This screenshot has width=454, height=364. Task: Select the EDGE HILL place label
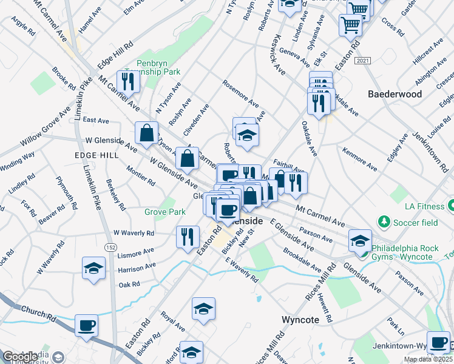click(97, 155)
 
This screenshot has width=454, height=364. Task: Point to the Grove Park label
click(164, 212)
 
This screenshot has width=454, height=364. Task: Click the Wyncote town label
click(305, 319)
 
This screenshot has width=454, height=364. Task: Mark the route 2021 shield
click(363, 61)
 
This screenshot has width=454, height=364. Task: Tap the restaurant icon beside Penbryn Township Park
click(128, 81)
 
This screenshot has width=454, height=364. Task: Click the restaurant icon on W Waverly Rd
click(187, 235)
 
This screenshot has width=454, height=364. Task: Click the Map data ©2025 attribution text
click(427, 359)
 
